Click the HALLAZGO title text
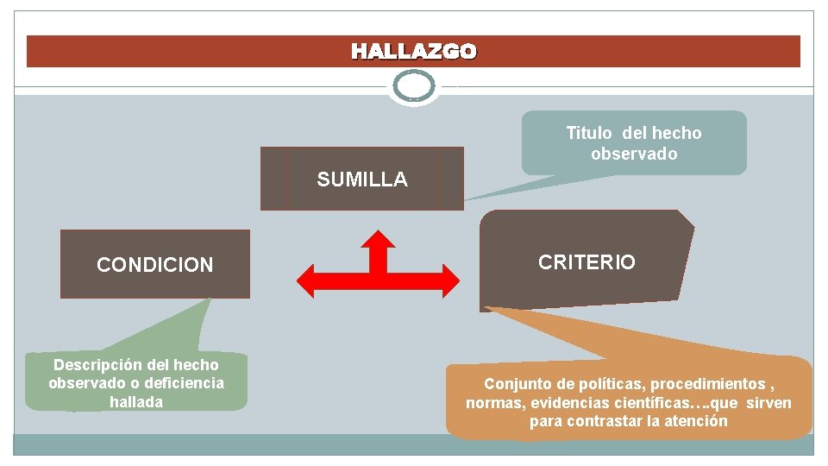[413, 52]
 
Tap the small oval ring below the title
[414, 86]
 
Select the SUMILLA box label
[362, 179]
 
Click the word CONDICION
[155, 265]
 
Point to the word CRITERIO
[586, 262]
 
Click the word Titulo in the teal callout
[588, 133]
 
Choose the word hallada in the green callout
[136, 401]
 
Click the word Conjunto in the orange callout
[516, 384]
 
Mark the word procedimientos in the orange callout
[707, 384]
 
